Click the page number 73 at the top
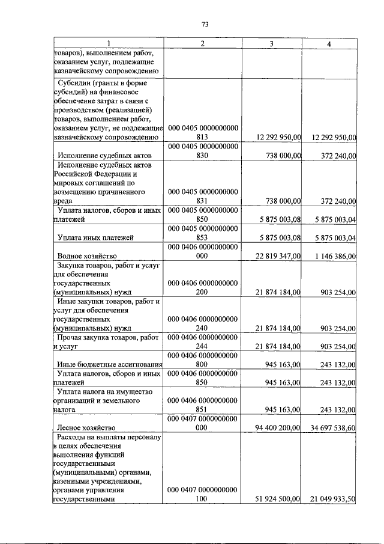[204, 25]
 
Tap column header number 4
[329, 43]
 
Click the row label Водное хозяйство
[86, 256]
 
